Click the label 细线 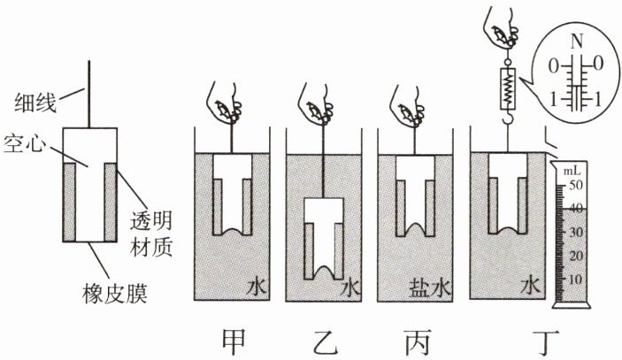(35, 103)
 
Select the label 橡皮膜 (115, 293)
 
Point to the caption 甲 (233, 341)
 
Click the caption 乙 (326, 342)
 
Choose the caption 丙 (419, 342)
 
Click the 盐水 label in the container (430, 287)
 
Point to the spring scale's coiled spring (508, 88)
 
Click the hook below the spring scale (508, 117)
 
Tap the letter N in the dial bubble (578, 42)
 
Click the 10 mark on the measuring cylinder (576, 280)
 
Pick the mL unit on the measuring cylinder (572, 171)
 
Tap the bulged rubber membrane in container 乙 (324, 272)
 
